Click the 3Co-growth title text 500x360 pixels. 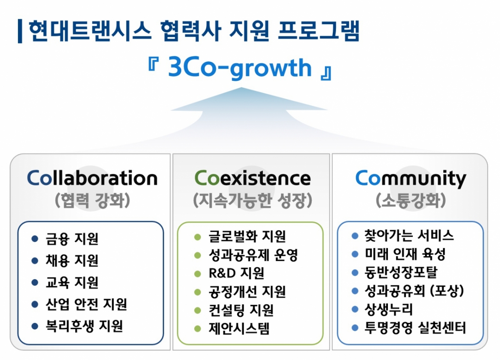tap(240, 68)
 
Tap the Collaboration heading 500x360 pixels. tap(92, 178)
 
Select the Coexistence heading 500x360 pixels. tap(252, 178)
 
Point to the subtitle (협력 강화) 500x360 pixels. tap(92, 201)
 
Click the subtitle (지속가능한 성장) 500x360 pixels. tap(252, 201)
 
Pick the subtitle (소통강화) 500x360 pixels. tap(410, 201)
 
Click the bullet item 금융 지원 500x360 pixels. tap(72, 239)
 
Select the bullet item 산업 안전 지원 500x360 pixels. tap(86, 304)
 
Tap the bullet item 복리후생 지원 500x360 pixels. tap(84, 325)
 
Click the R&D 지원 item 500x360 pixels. tap(236, 273)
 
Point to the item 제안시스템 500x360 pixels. tap(239, 329)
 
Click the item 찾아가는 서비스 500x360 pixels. tap(409, 235)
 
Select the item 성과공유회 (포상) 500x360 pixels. tap(414, 291)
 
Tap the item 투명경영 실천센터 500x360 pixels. tap(415, 328)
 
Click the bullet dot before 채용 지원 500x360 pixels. tap(35, 261)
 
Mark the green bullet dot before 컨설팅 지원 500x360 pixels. tap(197, 310)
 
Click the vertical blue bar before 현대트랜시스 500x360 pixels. tap(20, 31)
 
